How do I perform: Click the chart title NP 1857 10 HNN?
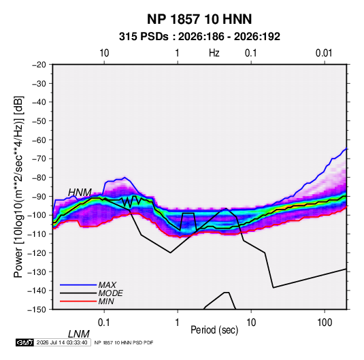coord(199,19)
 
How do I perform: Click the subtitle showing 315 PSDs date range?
coord(199,37)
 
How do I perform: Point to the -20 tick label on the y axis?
coord(39,65)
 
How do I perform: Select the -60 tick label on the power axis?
coord(39,140)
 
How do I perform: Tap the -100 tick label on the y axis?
coord(37,215)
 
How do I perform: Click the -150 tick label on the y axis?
coord(37,310)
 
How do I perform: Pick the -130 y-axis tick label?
coord(37,272)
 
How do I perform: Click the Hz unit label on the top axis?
coord(214,53)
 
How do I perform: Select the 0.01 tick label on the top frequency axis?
coord(324,53)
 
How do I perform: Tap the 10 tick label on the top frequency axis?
coord(104,53)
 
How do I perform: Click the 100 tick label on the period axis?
coord(325,323)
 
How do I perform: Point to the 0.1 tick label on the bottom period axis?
coord(104,323)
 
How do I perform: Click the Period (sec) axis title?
coord(214,330)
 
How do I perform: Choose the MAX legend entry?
coord(107,284)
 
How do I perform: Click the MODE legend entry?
coord(110,293)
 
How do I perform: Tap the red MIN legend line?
coord(78,301)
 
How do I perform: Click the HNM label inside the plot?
coord(80,193)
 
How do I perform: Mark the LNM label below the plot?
coord(79,334)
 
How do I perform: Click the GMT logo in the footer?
coord(24,342)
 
